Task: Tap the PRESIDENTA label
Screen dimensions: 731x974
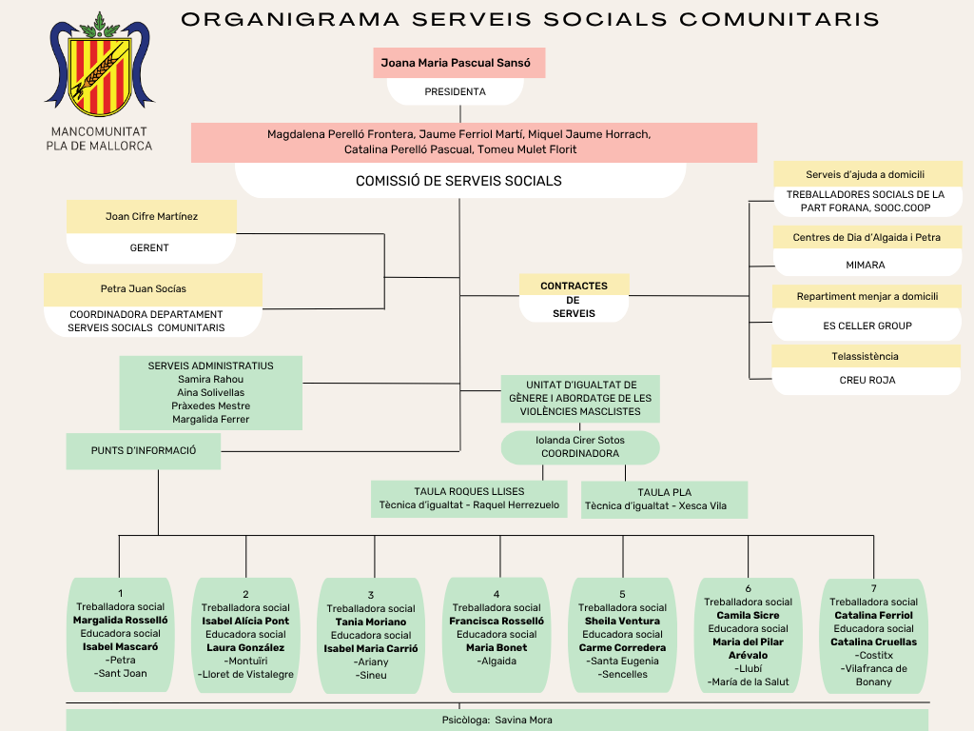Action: point(455,92)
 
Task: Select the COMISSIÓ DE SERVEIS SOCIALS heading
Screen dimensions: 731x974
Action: point(458,181)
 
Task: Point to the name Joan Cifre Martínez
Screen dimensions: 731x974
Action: point(151,217)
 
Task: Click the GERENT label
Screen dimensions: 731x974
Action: point(149,248)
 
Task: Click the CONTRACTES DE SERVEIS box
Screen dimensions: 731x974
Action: point(574,299)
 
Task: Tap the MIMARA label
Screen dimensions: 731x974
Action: point(866,266)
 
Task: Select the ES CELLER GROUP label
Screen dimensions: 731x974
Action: point(867,326)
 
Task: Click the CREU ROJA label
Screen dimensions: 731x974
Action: point(867,380)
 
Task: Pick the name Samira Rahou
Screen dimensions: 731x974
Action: point(210,379)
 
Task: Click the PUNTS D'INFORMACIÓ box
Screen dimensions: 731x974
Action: point(144,451)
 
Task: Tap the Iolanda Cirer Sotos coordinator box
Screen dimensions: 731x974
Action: point(580,447)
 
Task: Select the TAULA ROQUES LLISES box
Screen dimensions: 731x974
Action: point(469,499)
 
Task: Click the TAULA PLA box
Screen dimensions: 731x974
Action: point(664,500)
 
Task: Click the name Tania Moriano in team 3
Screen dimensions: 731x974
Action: point(371,622)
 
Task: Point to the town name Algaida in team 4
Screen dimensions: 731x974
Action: point(497,661)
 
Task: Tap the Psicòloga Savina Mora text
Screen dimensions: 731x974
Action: point(497,721)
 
